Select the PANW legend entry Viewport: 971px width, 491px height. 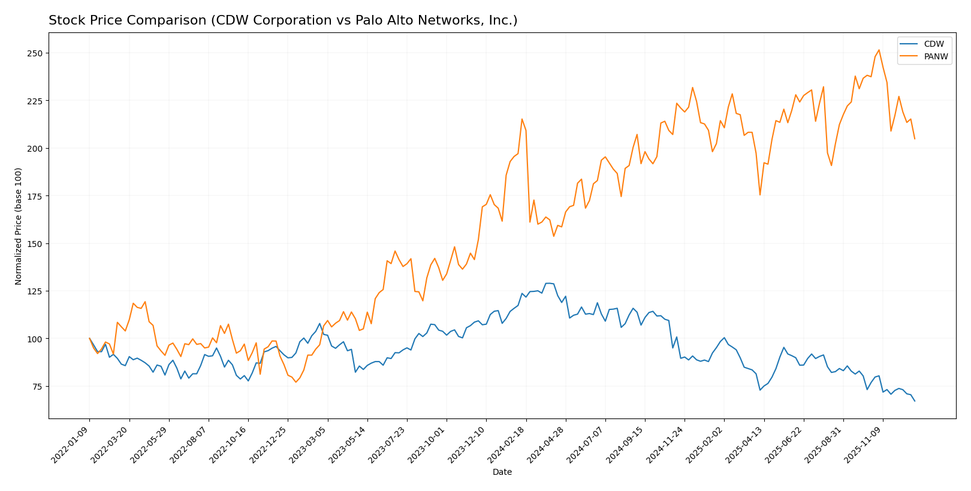936,57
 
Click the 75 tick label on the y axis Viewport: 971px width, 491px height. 37,387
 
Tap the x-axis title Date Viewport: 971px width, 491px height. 502,472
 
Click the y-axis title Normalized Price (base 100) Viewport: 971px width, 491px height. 19,226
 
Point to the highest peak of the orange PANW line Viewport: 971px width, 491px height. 879,50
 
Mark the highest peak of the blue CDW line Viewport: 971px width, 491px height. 547,283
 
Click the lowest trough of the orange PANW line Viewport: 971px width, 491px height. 295,382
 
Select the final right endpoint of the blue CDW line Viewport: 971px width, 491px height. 915,401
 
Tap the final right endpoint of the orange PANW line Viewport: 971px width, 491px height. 915,139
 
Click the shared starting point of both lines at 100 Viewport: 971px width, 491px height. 90,339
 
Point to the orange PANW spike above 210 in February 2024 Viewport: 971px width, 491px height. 521,119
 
